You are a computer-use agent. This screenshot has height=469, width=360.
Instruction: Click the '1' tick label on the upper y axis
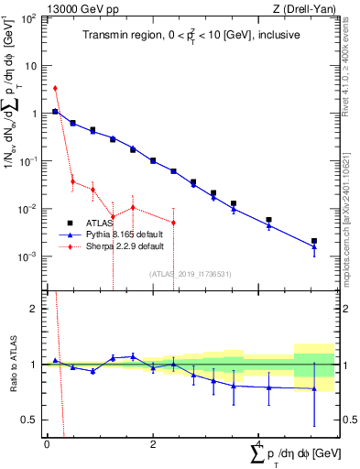pos(33,114)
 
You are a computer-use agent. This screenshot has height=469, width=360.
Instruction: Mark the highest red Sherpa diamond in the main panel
pos(56,89)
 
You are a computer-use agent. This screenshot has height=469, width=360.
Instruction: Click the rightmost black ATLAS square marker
pos(314,241)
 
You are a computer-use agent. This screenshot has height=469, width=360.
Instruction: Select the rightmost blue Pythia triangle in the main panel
pos(314,247)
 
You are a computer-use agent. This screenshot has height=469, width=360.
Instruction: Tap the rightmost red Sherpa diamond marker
pos(173,223)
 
